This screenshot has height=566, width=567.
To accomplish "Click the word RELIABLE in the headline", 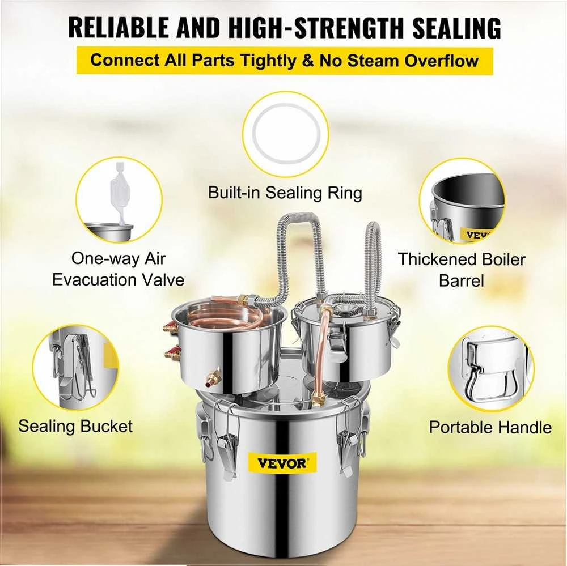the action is pos(119,27).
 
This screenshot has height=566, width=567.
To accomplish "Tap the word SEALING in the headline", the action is pos(456,27).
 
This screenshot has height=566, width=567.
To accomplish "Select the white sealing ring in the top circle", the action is pos(286,133).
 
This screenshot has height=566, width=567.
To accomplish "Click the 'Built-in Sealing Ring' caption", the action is pos(285,193).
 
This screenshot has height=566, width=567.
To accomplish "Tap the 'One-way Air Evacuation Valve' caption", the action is pos(119,269).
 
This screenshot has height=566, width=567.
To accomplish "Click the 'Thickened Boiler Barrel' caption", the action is pos(462,270).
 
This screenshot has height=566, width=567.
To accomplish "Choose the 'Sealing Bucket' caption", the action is pos(75,426).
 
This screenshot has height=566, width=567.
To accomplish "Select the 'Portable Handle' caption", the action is pos(490,427).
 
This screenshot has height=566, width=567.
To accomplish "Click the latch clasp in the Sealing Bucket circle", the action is pos(75,365).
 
